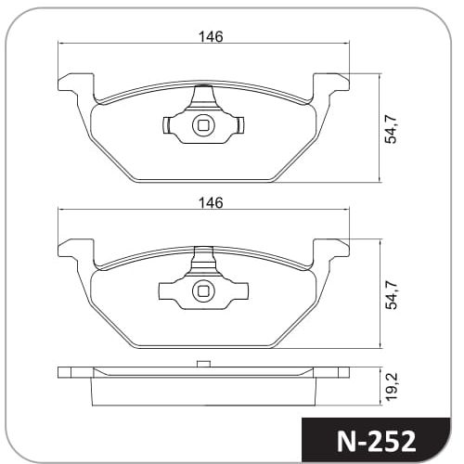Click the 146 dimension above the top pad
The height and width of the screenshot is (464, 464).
(211, 37)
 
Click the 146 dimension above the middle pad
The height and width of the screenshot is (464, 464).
(211, 203)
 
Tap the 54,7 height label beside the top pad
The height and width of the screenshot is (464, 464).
(391, 129)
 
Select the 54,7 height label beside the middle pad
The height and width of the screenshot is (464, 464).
(391, 295)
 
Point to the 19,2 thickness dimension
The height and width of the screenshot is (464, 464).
(392, 387)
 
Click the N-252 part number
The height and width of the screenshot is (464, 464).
(376, 442)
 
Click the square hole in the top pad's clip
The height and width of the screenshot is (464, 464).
(203, 125)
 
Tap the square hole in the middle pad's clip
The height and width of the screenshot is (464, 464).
(203, 291)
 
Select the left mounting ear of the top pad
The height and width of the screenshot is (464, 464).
(76, 85)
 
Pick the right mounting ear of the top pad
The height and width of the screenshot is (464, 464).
(331, 85)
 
